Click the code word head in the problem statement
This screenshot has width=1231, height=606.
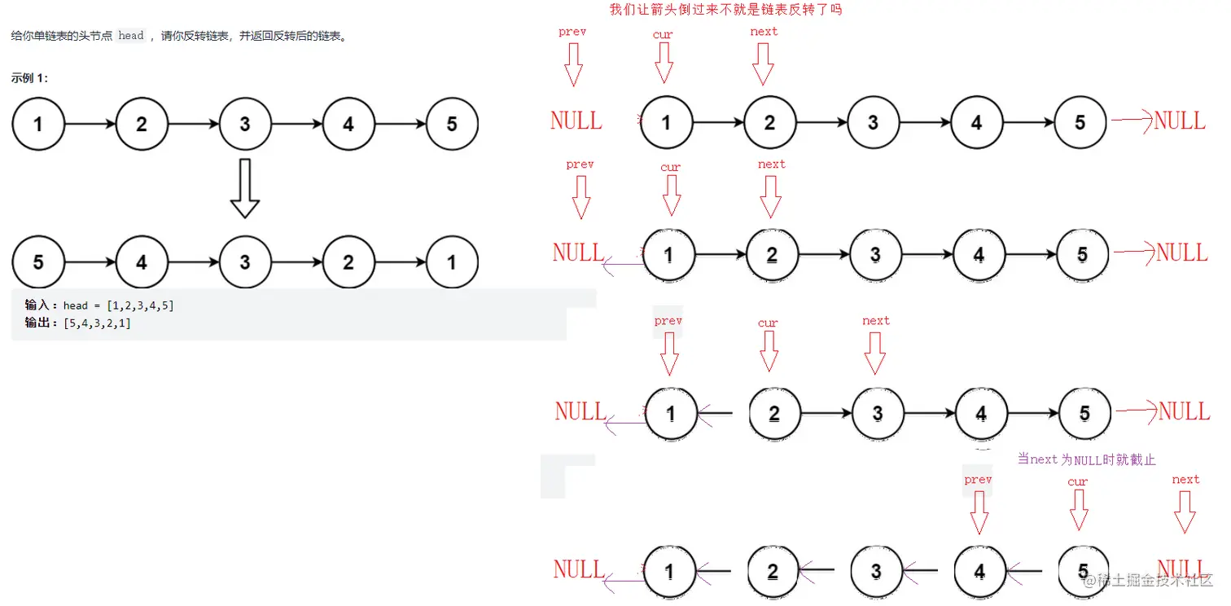coord(131,36)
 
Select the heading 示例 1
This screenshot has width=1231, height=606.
coord(29,78)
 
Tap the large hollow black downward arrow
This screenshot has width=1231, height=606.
coord(244,188)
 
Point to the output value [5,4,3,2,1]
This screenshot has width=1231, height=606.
coord(97,323)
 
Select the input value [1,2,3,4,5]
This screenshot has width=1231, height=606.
coord(140,305)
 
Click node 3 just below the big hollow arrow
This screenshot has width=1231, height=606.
coord(245,262)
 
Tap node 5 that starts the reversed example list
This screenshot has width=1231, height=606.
coord(38,262)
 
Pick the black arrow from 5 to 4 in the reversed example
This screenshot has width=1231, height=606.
coord(90,262)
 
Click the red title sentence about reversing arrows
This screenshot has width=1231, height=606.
coord(725,10)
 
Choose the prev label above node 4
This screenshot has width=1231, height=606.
coord(978,480)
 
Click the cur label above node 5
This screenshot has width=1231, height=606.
coord(1077,481)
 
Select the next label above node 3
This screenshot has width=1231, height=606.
coord(876,321)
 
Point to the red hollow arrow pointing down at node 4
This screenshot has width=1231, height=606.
coord(979,512)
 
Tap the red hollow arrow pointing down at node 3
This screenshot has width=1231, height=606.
coord(875,352)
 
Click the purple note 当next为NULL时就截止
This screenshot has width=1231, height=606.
coord(1087,459)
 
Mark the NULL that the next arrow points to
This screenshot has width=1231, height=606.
coord(1181,567)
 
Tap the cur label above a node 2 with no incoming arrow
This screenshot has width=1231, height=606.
coord(768,323)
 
